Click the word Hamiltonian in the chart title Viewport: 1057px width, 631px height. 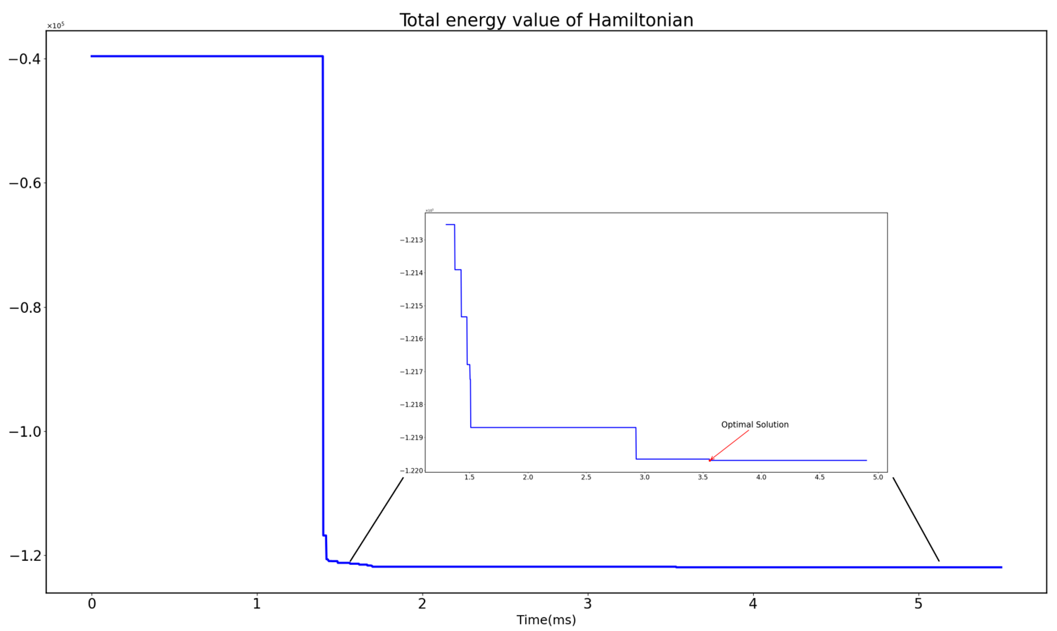(641, 21)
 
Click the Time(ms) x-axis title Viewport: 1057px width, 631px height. (546, 620)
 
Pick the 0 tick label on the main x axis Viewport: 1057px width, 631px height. (92, 604)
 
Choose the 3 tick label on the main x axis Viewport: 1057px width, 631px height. (588, 604)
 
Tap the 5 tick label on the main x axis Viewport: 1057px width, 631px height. (918, 604)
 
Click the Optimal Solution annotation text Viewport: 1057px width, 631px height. (755, 424)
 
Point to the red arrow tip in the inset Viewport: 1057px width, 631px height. (710, 460)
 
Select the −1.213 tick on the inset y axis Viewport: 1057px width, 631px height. (412, 240)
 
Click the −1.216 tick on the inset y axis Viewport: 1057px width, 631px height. (412, 339)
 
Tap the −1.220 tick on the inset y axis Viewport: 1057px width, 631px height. (412, 471)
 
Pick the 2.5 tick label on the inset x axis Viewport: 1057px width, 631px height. (586, 477)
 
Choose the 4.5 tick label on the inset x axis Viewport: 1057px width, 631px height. (819, 477)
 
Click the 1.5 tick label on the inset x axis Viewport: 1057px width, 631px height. (469, 477)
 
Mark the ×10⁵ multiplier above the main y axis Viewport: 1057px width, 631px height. (55, 26)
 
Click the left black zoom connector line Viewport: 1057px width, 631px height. (376, 519)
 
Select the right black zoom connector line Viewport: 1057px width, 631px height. (916, 519)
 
